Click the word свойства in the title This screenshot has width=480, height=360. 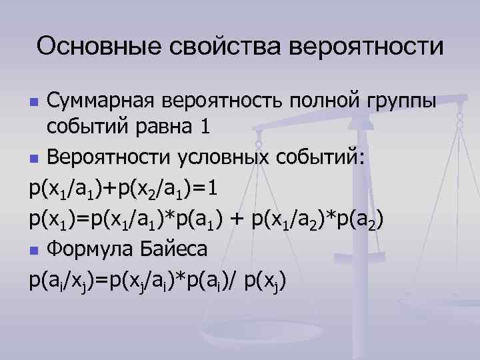(213, 47)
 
